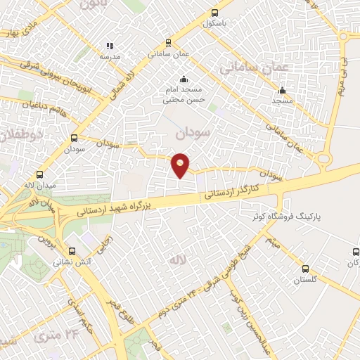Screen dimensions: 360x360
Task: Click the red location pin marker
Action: click(181, 165)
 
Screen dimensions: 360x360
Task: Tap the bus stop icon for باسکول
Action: click(214, 12)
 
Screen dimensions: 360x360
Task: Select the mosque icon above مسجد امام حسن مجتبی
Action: click(183, 79)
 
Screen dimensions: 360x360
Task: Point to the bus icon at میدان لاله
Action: click(39, 174)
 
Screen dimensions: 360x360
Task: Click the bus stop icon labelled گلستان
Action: click(305, 268)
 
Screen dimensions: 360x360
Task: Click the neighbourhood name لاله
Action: click(175, 259)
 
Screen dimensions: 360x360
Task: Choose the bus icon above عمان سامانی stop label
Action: click(167, 41)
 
